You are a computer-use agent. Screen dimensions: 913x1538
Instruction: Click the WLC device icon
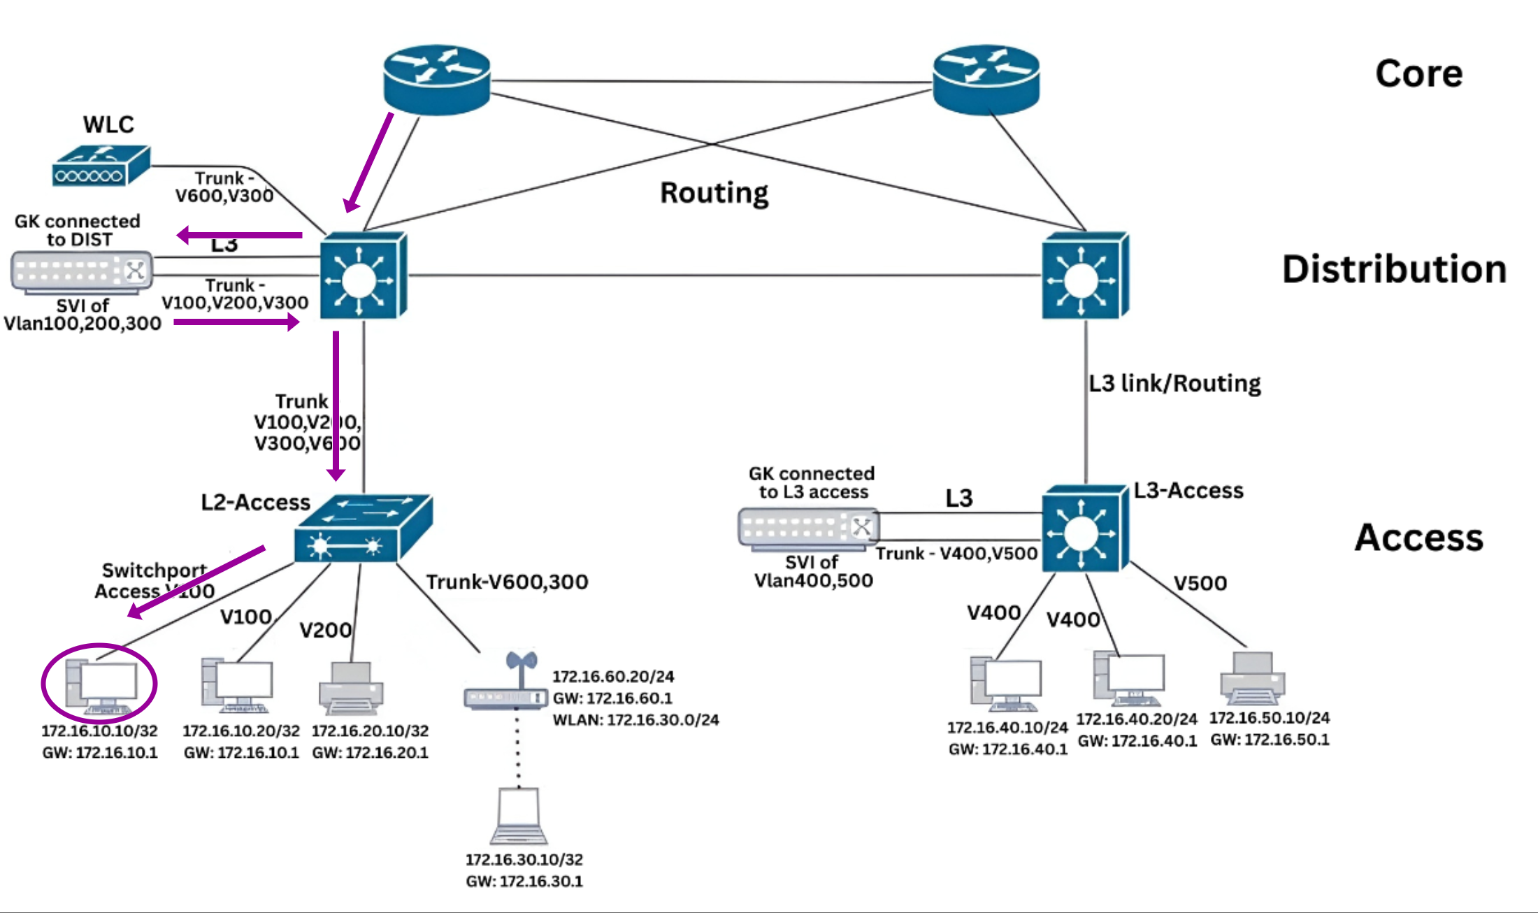[x=101, y=166]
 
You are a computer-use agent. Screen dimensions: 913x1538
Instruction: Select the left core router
[x=436, y=79]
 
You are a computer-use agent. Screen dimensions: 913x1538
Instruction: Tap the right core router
[x=986, y=79]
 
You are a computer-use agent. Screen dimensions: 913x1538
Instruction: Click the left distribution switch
[x=363, y=276]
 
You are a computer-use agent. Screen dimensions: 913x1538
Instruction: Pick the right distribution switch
[x=1084, y=276]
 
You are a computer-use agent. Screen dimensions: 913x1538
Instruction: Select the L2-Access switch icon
[x=362, y=529]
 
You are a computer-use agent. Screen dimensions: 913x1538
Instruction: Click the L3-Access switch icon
[x=1084, y=529]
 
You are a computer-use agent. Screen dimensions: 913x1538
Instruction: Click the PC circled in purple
[x=101, y=684]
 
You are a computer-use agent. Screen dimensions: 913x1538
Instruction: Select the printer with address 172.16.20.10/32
[x=351, y=689]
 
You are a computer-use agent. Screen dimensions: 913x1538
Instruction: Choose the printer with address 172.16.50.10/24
[x=1252, y=679]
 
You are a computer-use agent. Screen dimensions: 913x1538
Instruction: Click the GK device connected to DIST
[x=82, y=271]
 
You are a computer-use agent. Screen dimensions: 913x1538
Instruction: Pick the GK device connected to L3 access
[x=808, y=529]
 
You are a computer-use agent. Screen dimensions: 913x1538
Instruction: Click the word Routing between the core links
[x=714, y=193]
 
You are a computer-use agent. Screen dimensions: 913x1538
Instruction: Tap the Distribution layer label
[x=1394, y=269]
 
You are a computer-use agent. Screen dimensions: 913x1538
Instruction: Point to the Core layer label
[x=1418, y=73]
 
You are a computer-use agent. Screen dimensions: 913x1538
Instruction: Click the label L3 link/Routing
[x=1174, y=383]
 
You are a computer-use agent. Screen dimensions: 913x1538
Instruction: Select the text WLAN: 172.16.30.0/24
[x=635, y=720]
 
